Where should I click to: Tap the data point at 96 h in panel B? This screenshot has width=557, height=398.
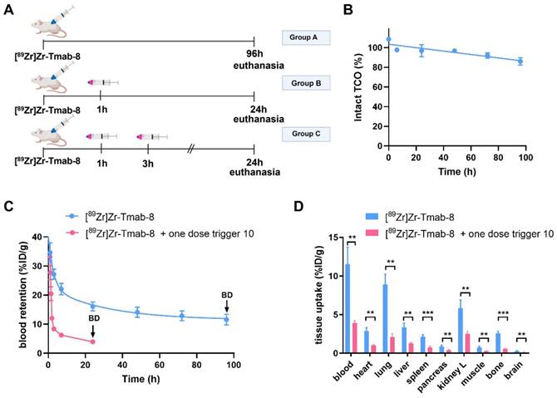(520, 61)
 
